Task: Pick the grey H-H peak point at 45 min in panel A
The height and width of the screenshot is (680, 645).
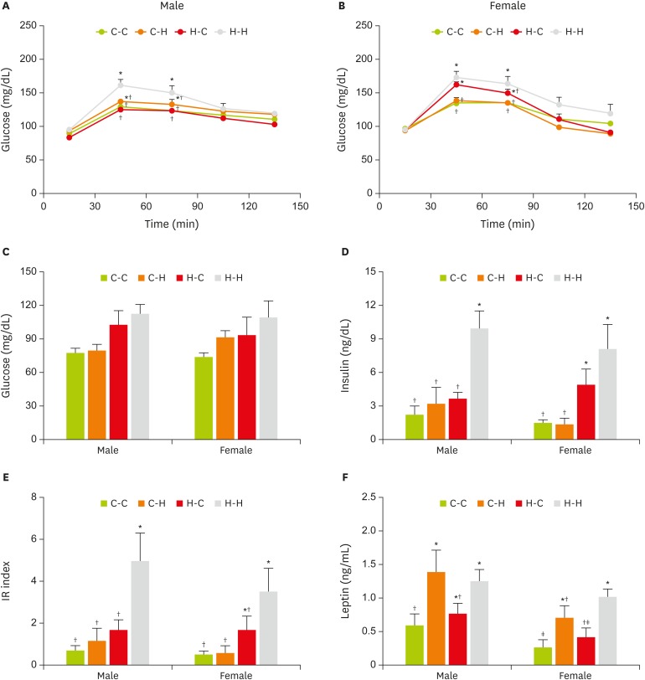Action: click(x=121, y=85)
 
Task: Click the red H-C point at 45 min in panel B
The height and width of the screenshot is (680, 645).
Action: click(x=457, y=85)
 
